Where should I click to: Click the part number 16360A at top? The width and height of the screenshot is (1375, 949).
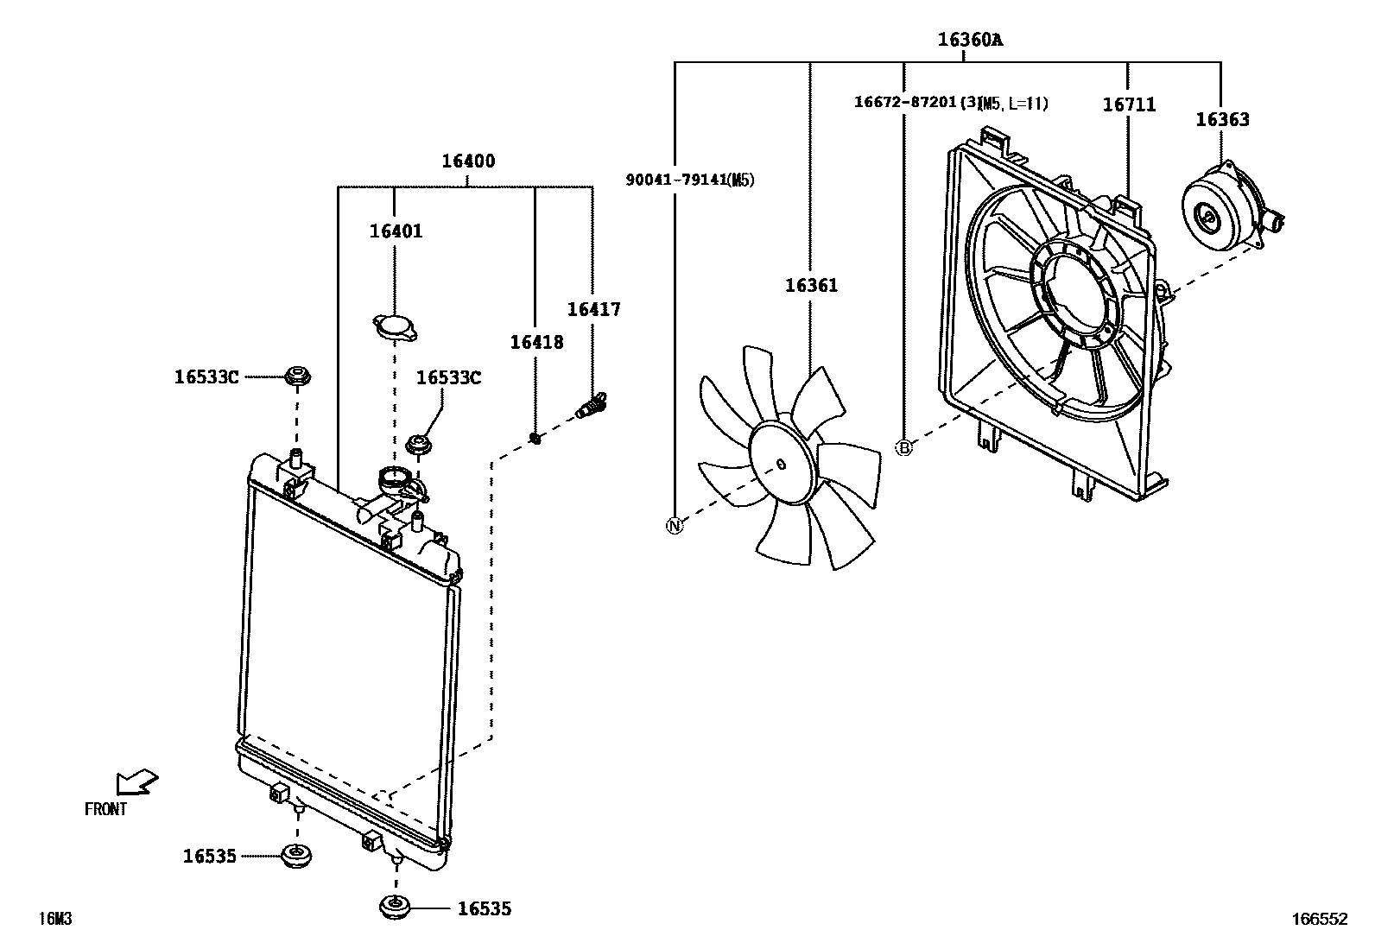point(970,39)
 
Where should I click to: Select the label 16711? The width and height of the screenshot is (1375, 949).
point(1128,104)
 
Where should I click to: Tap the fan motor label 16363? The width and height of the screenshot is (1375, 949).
point(1221,120)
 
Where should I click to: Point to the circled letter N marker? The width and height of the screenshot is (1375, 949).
point(675,525)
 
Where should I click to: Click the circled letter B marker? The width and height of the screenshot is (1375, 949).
point(903,447)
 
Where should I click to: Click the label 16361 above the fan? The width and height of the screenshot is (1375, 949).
point(810,285)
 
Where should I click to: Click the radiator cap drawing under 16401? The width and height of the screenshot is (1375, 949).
point(395,327)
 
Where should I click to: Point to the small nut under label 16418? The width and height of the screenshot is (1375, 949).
point(535,439)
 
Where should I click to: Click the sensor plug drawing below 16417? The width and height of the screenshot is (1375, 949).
point(591,405)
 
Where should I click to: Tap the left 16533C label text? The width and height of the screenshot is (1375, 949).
point(206,376)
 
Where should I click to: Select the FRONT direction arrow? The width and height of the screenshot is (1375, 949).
point(136,781)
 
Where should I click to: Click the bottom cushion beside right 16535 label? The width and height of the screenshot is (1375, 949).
point(396,908)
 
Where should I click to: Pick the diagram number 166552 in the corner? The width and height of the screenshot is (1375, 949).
point(1319,921)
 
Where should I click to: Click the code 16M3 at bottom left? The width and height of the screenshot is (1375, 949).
point(54,919)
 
